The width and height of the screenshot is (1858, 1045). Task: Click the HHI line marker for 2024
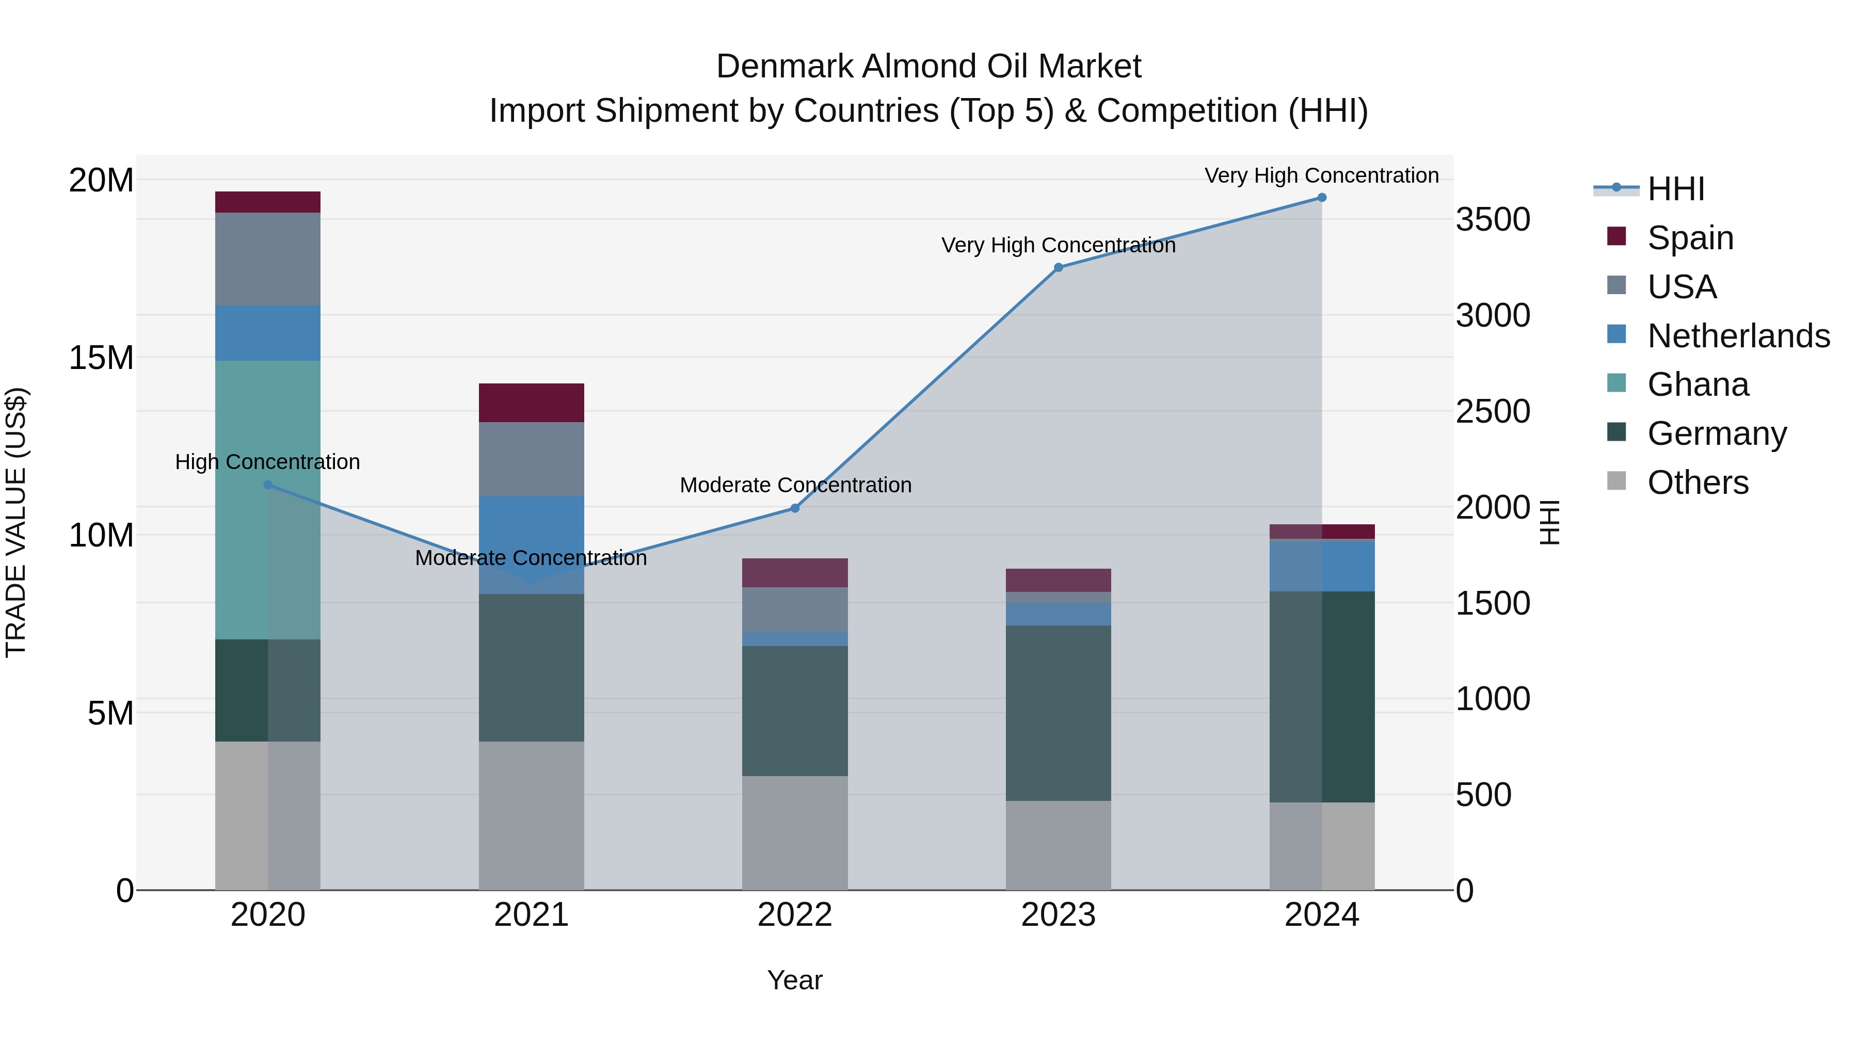point(1321,198)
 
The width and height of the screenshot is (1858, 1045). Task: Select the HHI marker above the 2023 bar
point(1058,267)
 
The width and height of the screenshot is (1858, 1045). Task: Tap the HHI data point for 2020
point(267,486)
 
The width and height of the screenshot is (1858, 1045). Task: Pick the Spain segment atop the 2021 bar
point(531,403)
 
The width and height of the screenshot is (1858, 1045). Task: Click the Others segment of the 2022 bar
point(795,833)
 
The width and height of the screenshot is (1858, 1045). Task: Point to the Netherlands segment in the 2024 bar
point(1321,566)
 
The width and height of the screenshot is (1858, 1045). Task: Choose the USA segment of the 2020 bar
point(267,259)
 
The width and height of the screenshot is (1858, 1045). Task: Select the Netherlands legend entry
point(1738,336)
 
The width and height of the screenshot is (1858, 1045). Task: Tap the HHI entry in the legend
point(1675,189)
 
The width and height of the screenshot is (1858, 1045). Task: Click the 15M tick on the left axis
point(101,358)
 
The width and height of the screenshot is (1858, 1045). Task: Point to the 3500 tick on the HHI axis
point(1492,219)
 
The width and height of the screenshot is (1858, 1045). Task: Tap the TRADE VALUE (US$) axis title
point(16,522)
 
